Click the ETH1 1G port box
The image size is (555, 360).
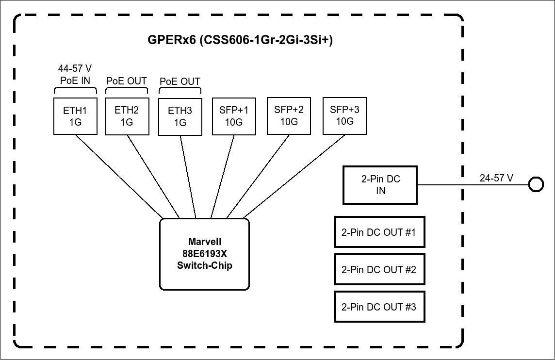(x=75, y=116)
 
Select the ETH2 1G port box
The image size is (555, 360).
(x=127, y=116)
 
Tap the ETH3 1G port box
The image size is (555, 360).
(x=180, y=116)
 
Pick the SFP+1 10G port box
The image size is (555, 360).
(x=234, y=116)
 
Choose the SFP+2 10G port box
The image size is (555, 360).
(x=289, y=115)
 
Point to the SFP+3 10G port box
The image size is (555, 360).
(x=344, y=115)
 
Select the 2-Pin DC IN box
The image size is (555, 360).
(x=380, y=185)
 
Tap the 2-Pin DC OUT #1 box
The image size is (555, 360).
(x=379, y=232)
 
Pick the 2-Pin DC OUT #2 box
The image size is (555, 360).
(x=379, y=269)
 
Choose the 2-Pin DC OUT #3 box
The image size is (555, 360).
(x=379, y=307)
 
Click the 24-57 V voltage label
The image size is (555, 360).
(x=496, y=178)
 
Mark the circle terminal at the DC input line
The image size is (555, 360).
(x=536, y=185)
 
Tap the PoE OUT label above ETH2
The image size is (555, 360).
(x=127, y=81)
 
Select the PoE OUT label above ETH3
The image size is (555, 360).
(x=180, y=81)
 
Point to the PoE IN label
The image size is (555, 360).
(x=75, y=80)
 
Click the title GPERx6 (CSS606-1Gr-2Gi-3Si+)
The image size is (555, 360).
(x=240, y=40)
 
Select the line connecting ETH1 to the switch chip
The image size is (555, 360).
(x=119, y=177)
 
